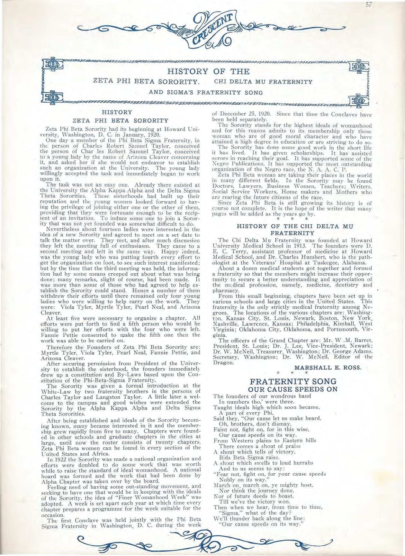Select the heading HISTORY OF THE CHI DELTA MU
tap(295, 226)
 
